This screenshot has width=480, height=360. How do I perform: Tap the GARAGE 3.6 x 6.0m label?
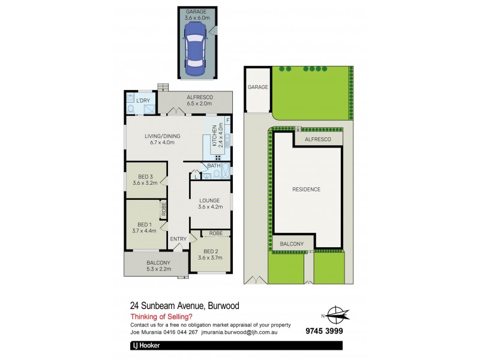(x=196, y=15)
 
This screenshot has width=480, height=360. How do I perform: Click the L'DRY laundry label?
(x=142, y=100)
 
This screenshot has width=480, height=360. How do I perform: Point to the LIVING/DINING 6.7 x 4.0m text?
(x=162, y=139)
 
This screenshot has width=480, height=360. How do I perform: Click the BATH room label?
(x=214, y=166)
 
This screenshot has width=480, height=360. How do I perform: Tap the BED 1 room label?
(x=144, y=227)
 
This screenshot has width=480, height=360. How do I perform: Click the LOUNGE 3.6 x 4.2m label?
(x=210, y=203)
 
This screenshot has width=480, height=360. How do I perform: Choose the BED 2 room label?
(x=210, y=254)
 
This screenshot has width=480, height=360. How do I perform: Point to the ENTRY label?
(x=178, y=239)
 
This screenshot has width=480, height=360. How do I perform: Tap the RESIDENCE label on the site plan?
(x=306, y=190)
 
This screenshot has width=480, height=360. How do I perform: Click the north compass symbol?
(x=337, y=315)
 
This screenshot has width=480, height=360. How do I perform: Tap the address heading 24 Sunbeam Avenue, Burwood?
(x=185, y=305)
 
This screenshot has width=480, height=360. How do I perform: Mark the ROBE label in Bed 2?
(x=216, y=233)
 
